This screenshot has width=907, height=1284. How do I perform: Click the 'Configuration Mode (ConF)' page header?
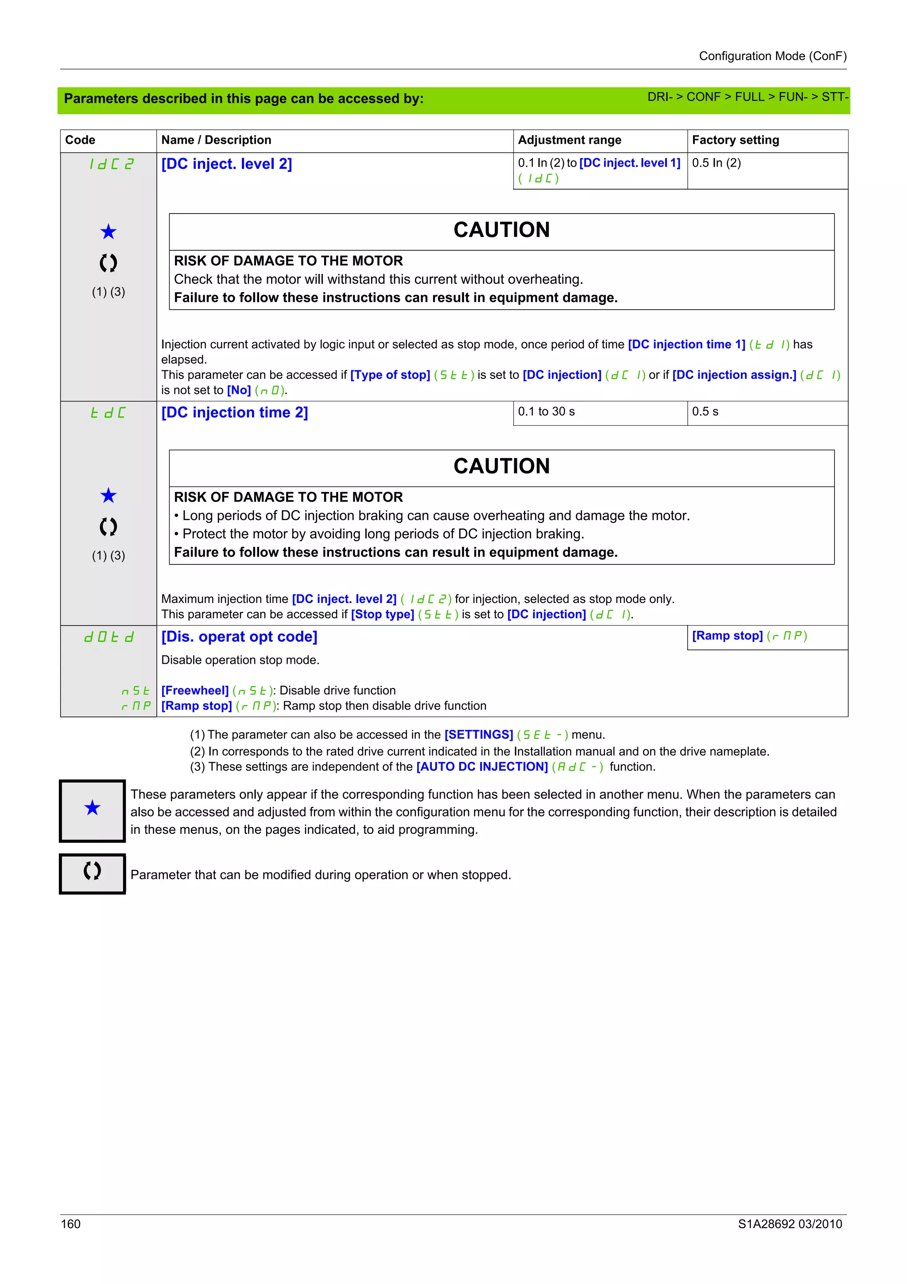tap(772, 56)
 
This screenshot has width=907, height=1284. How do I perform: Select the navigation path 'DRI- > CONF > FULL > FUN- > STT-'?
tap(747, 97)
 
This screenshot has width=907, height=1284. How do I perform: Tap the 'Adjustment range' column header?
tap(569, 140)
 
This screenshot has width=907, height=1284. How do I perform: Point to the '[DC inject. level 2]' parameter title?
tap(226, 164)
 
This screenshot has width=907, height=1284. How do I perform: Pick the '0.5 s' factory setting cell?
tap(705, 412)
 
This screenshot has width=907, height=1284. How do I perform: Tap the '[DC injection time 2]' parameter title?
tap(234, 413)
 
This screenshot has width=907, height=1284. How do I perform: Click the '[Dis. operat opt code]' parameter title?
tap(239, 637)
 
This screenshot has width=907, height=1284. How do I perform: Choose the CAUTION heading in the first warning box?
tap(501, 230)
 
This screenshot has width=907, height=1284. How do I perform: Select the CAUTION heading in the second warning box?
tap(501, 467)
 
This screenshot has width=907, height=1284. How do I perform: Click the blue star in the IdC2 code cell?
tap(109, 232)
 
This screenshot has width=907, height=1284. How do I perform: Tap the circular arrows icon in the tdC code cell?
tap(109, 526)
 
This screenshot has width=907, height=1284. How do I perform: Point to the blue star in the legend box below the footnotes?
tap(92, 808)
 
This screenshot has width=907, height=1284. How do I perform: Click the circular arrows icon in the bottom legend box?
tap(92, 871)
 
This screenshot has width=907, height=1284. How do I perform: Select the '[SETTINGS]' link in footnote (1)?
tap(478, 735)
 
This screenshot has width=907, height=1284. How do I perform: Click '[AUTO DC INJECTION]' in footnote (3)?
tap(482, 767)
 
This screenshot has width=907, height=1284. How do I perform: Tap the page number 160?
tap(71, 1224)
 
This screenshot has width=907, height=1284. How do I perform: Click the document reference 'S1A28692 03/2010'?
tap(790, 1224)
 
